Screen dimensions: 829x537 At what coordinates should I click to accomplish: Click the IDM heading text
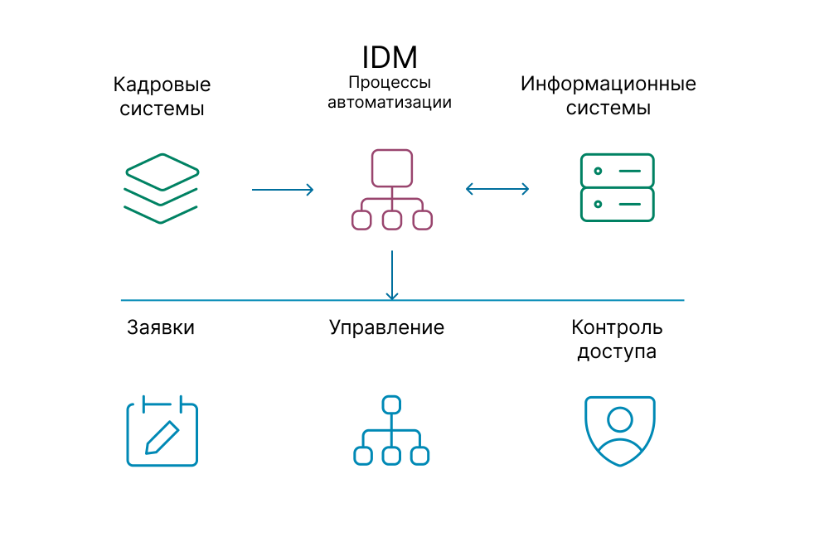click(390, 57)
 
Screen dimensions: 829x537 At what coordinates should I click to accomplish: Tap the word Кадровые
click(162, 85)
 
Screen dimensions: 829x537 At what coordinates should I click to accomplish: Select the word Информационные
click(608, 84)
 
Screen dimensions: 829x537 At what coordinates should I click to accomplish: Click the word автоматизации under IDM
click(390, 102)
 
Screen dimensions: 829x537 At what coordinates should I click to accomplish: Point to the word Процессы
click(390, 82)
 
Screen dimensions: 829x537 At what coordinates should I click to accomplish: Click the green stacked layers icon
click(162, 189)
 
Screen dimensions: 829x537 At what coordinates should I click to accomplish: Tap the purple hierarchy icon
click(392, 190)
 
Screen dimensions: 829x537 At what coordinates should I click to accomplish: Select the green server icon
click(617, 187)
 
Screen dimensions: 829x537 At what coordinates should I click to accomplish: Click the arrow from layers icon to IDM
click(283, 190)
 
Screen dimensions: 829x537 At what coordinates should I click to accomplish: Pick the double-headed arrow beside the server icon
click(497, 189)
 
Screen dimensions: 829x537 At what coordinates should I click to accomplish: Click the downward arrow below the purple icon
click(392, 275)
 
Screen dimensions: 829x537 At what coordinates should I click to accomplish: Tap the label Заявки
click(161, 327)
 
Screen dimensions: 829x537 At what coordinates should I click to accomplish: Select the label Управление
click(386, 327)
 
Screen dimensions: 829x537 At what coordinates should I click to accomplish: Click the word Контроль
click(617, 327)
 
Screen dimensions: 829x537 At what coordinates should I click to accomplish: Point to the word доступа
click(617, 351)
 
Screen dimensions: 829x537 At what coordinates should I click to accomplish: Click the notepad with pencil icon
click(162, 431)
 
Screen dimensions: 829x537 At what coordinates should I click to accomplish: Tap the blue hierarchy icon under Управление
click(391, 430)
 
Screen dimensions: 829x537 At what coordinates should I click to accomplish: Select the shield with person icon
click(620, 431)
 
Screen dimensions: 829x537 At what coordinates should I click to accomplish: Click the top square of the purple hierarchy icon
click(392, 168)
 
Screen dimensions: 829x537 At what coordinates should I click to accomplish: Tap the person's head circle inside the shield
click(620, 419)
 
